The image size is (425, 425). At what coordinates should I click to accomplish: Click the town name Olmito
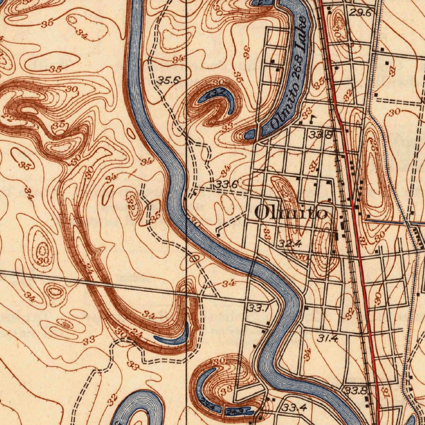291,212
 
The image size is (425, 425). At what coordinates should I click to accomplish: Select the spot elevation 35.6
168,81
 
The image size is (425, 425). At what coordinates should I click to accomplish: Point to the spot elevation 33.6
226,184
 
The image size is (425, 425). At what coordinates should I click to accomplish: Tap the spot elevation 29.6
360,13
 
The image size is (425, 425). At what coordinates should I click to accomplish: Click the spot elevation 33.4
294,408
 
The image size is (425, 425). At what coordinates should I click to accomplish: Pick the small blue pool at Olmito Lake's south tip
250,134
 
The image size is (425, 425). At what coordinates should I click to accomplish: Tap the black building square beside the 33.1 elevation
268,323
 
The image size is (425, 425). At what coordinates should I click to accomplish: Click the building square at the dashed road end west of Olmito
218,235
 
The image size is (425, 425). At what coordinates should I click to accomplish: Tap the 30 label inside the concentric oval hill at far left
43,260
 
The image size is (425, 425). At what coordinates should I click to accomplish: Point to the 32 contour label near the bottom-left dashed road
112,400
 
